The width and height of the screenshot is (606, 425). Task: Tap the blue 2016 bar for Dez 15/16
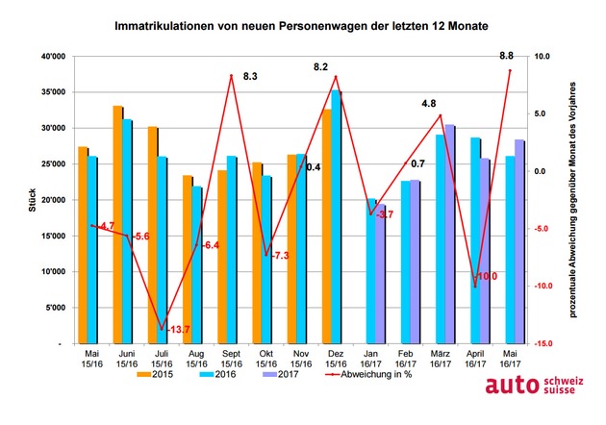tap(337, 216)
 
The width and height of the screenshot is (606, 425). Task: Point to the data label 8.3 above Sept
tap(250, 75)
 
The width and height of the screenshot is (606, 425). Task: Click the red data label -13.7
tap(179, 331)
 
